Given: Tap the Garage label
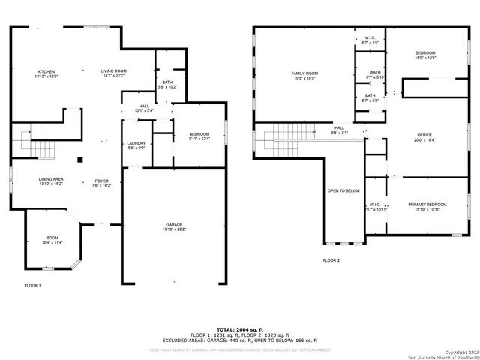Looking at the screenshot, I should [x=174, y=227].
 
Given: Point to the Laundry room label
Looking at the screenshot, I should [x=136, y=145].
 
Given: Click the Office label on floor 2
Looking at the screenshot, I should [x=424, y=137].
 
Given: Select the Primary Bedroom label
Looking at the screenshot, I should [x=427, y=207].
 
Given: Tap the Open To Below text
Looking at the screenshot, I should [x=343, y=191].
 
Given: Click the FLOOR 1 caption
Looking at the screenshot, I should [x=33, y=286].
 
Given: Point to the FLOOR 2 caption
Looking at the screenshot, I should [x=331, y=260].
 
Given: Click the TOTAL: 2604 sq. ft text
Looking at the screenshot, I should [x=239, y=329].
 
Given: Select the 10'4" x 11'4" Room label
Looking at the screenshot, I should [x=52, y=240].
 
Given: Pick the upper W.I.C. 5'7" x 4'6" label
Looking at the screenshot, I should [x=370, y=40].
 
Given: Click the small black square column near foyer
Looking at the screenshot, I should [x=80, y=159].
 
